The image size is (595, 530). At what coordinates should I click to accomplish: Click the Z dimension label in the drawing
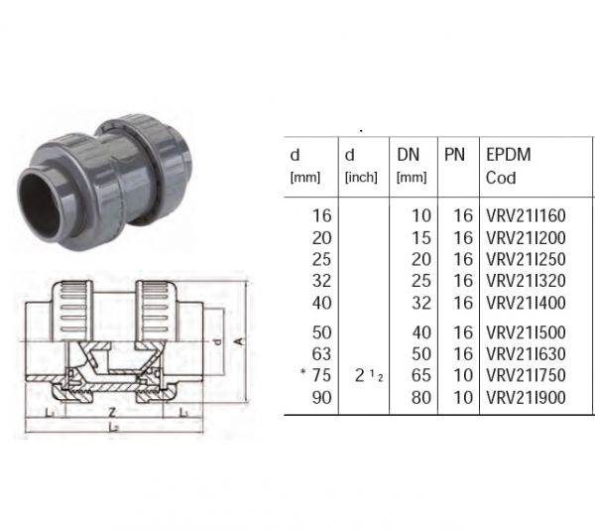pyautogui.click(x=112, y=412)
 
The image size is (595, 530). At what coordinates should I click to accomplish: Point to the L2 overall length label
pyautogui.click(x=114, y=427)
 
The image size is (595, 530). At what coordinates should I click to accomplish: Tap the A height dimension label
pyautogui.click(x=238, y=341)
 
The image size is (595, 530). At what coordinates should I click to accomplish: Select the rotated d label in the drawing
pyautogui.click(x=217, y=341)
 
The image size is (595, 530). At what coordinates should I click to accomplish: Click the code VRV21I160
pyautogui.click(x=526, y=215)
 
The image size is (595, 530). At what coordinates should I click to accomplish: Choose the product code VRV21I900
pyautogui.click(x=526, y=397)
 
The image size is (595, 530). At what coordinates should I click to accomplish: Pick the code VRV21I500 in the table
pyautogui.click(x=526, y=332)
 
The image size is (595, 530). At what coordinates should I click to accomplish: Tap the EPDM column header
pyautogui.click(x=509, y=155)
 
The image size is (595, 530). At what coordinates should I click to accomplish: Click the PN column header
pyautogui.click(x=454, y=155)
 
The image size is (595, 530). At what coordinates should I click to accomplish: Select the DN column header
pyautogui.click(x=409, y=155)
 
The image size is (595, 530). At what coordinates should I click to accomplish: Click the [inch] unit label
pyautogui.click(x=361, y=178)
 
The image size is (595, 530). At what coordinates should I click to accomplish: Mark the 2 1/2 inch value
pyautogui.click(x=369, y=375)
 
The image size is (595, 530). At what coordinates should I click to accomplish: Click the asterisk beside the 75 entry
pyautogui.click(x=302, y=371)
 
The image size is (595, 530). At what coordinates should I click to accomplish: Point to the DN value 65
pyautogui.click(x=421, y=375)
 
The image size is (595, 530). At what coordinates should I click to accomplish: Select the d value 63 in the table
pyautogui.click(x=321, y=354)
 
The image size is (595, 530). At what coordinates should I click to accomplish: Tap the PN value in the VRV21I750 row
pyautogui.click(x=463, y=375)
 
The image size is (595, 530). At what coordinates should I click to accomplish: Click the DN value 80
pyautogui.click(x=421, y=397)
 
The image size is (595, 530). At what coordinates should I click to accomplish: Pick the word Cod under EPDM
pyautogui.click(x=501, y=178)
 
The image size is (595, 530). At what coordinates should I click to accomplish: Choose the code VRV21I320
pyautogui.click(x=526, y=281)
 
